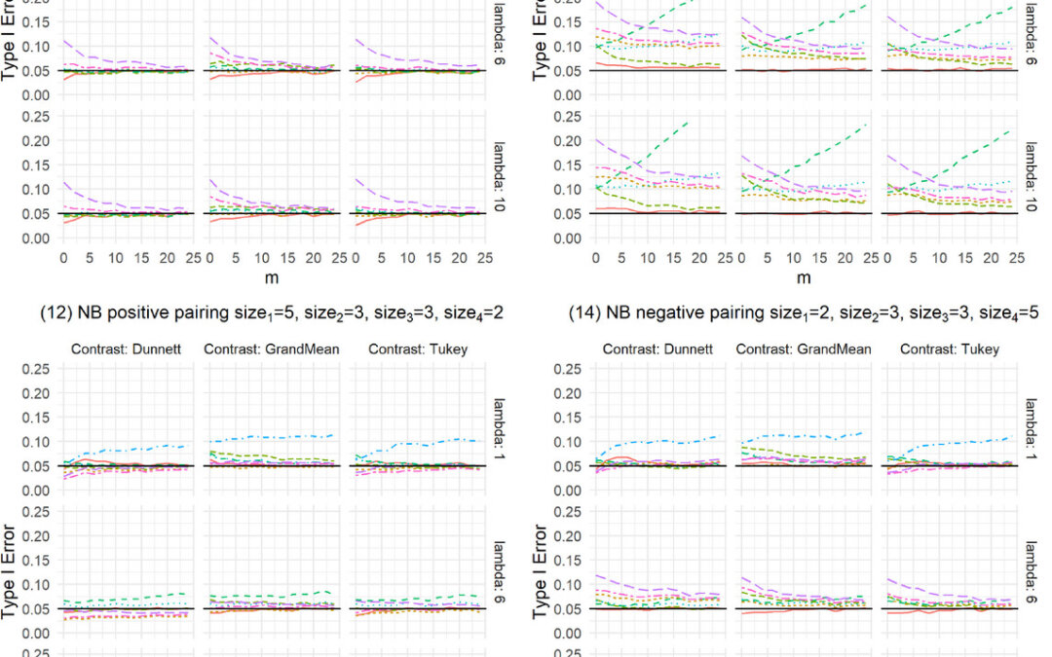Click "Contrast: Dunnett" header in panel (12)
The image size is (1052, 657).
[122, 348]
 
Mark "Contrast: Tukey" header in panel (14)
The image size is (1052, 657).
[940, 348]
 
